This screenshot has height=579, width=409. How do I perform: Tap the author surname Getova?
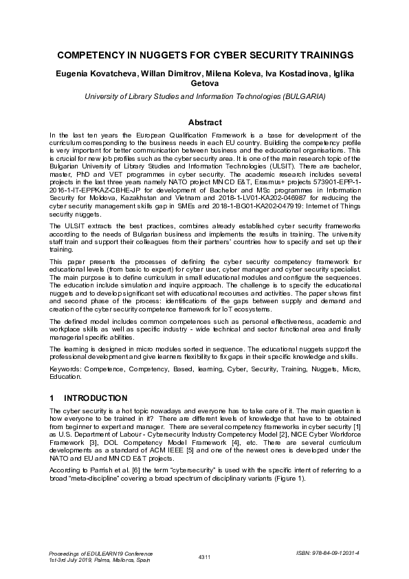[204, 84]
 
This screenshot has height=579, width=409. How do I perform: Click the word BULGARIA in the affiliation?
[303, 97]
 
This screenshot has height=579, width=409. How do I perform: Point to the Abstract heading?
[204, 122]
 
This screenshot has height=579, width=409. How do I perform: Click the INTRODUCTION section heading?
[96, 397]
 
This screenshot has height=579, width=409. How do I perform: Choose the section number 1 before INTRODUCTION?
[52, 397]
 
